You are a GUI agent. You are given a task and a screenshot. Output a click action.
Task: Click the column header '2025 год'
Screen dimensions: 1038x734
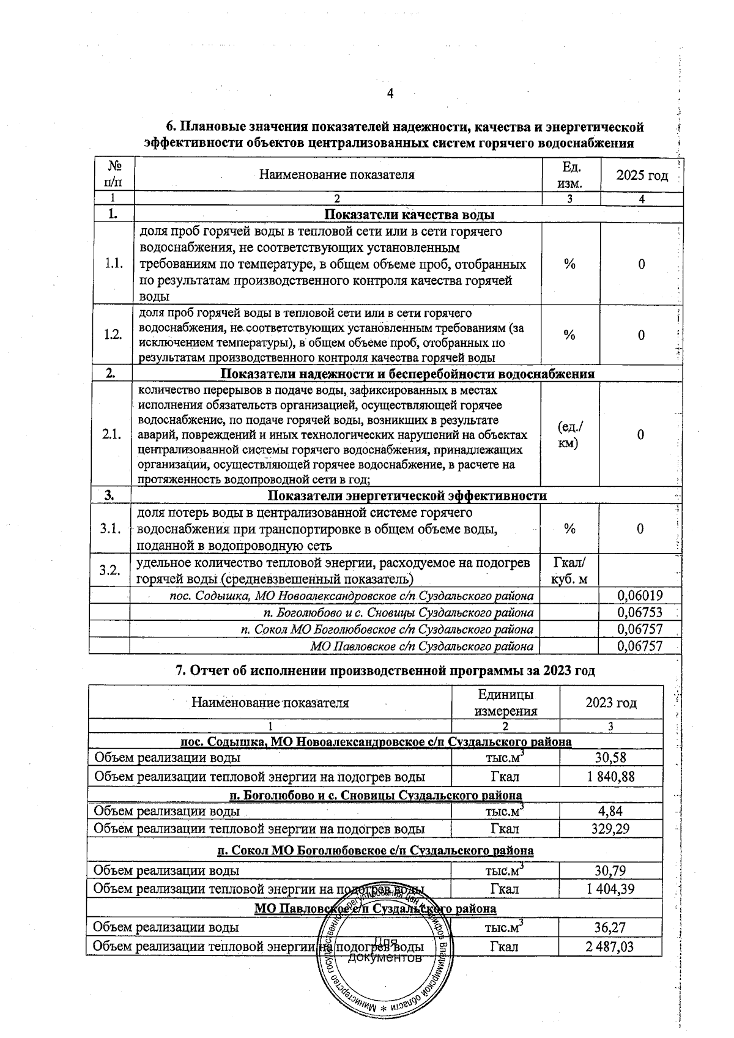pyautogui.click(x=641, y=176)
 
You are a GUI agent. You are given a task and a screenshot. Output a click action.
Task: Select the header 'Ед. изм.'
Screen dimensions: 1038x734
pyautogui.click(x=571, y=174)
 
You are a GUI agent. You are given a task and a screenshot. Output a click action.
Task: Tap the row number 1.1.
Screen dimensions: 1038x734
pyautogui.click(x=114, y=264)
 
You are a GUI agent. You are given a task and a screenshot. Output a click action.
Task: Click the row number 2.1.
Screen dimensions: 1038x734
pyautogui.click(x=112, y=434)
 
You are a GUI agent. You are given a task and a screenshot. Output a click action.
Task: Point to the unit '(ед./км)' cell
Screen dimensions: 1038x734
pyautogui.click(x=570, y=434)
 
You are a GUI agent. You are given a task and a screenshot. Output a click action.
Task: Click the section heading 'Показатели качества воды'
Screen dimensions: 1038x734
pyautogui.click(x=409, y=215)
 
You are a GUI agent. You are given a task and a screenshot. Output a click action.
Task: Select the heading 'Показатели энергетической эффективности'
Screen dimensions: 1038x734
pyautogui.click(x=407, y=495)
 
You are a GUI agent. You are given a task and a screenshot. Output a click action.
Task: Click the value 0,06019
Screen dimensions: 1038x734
pyautogui.click(x=640, y=596)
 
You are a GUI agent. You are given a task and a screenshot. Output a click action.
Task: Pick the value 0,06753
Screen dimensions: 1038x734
pyautogui.click(x=640, y=612)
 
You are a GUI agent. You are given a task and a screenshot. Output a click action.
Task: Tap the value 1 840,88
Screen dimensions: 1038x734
pyautogui.click(x=610, y=777)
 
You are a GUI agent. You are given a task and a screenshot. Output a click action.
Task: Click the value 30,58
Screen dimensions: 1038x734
pyautogui.click(x=610, y=757)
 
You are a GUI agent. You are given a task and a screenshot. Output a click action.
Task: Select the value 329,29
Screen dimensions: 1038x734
pyautogui.click(x=610, y=829)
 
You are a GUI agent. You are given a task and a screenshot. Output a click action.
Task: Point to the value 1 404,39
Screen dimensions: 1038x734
pyautogui.click(x=610, y=889)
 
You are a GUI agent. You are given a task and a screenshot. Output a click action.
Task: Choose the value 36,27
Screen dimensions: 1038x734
pyautogui.click(x=610, y=927)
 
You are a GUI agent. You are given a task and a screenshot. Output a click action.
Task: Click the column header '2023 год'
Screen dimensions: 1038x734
pyautogui.click(x=610, y=702)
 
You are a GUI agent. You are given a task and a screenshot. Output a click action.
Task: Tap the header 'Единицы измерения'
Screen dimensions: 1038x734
pyautogui.click(x=505, y=702)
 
